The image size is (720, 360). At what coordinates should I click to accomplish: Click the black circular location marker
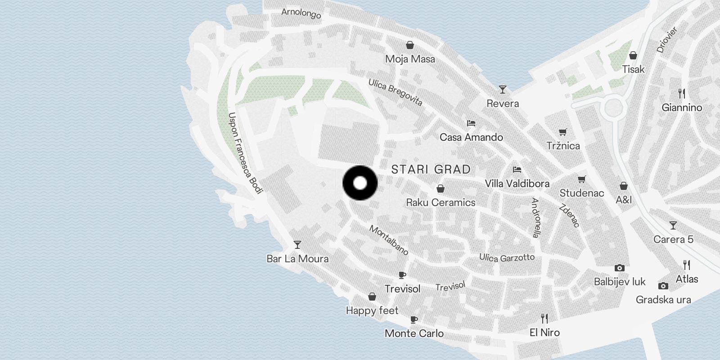(x=360, y=183)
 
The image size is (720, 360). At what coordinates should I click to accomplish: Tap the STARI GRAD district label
(x=431, y=169)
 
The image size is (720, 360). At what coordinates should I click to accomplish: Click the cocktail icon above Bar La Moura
(x=297, y=245)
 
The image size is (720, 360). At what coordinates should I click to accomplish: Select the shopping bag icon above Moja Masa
(x=410, y=45)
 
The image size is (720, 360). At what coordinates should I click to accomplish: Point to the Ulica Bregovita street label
(x=396, y=92)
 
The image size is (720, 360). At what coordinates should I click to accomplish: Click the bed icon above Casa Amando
(x=471, y=123)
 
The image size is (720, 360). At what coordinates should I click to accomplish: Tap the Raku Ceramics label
(x=441, y=202)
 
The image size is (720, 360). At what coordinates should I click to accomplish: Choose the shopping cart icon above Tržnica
(x=563, y=132)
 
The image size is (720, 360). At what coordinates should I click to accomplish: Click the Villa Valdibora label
(x=517, y=184)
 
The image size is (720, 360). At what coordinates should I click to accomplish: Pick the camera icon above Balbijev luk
(x=620, y=268)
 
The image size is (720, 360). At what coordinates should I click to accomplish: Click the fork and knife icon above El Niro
(x=544, y=319)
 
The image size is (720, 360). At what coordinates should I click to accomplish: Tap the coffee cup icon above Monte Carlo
(x=414, y=319)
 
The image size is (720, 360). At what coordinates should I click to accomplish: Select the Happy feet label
(x=372, y=310)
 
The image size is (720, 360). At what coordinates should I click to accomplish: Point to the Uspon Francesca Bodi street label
(x=245, y=153)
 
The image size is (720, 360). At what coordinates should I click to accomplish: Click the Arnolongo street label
(x=301, y=13)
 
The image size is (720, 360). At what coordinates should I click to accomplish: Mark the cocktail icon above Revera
(x=503, y=90)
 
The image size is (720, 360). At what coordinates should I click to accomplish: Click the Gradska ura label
(x=663, y=300)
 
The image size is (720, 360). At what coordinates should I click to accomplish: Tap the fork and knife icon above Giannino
(x=682, y=94)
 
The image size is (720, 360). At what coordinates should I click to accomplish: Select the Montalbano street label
(x=389, y=240)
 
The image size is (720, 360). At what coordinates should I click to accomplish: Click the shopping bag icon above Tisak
(x=633, y=55)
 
